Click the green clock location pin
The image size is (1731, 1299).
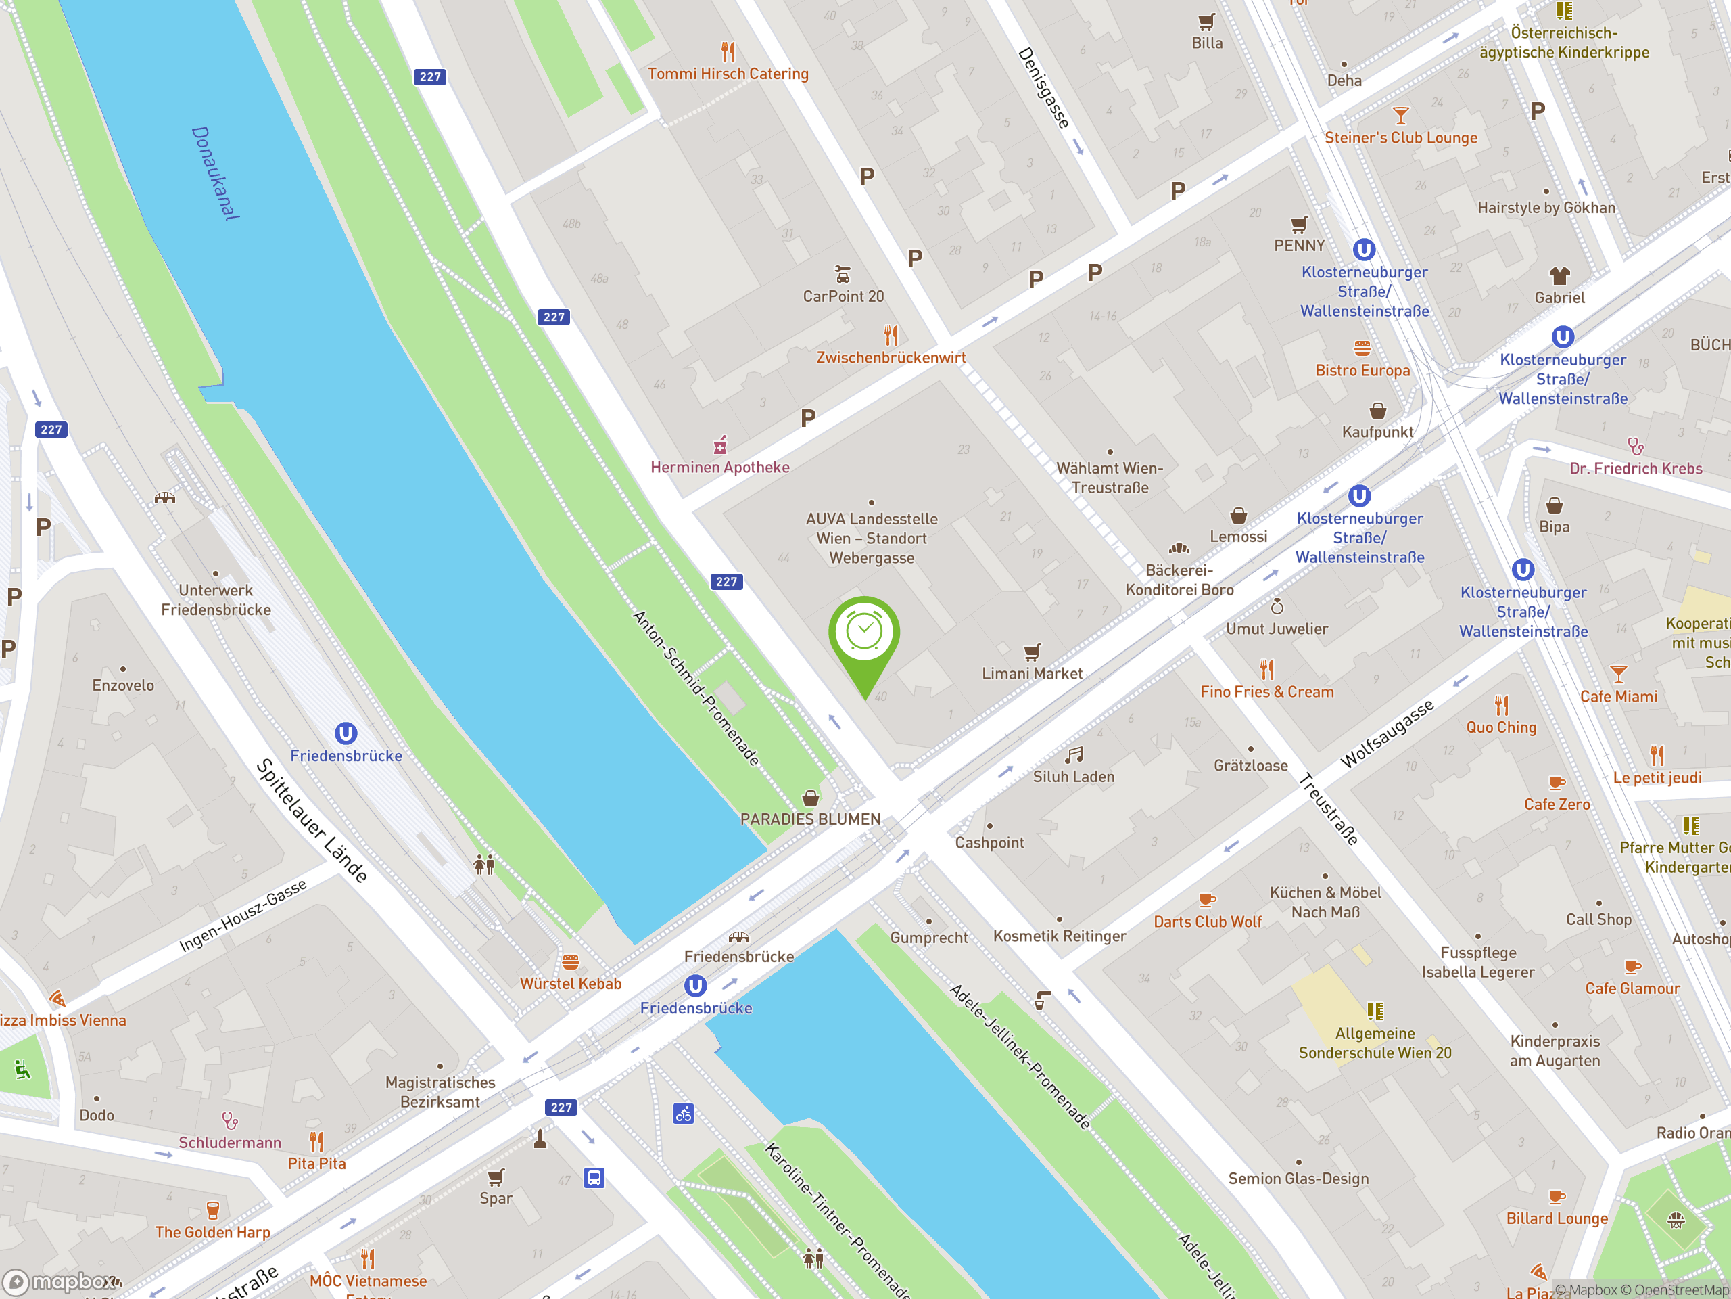coord(864,634)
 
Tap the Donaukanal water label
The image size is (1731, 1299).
coord(215,173)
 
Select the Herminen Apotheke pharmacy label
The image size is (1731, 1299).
coord(720,468)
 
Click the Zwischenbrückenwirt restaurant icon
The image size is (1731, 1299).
coord(891,336)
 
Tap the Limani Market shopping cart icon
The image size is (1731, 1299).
coord(1033,652)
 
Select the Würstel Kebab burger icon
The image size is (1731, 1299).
coord(571,961)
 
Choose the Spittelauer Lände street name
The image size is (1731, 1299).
coord(312,821)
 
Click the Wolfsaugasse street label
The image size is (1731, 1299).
coord(1387,733)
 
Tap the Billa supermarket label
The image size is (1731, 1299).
coord(1207,43)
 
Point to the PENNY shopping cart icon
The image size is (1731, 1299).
coord(1299,225)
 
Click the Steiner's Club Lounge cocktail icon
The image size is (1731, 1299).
coord(1401,116)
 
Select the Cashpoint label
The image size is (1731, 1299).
coord(989,842)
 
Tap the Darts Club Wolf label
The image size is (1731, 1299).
coord(1208,921)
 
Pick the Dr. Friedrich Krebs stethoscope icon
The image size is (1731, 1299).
coord(1636,447)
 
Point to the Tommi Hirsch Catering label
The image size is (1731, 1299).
coord(728,74)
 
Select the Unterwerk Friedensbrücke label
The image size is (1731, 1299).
coord(216,600)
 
